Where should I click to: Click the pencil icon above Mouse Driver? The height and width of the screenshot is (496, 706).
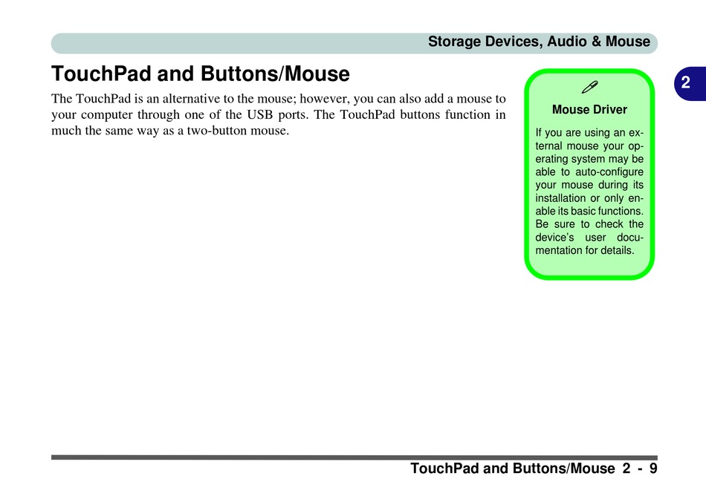(589, 87)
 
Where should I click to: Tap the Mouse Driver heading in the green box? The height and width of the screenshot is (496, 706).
(589, 110)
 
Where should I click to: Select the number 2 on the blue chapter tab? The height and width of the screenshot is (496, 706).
(685, 82)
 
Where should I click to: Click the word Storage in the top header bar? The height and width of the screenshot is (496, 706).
(454, 42)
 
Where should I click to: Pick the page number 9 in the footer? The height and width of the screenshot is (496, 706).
(653, 469)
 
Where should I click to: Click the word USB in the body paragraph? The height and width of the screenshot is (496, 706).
(260, 114)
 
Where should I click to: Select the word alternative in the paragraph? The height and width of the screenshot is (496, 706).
(191, 99)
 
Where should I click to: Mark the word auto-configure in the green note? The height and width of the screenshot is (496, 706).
(609, 172)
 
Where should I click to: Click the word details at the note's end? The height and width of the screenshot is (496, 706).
(618, 250)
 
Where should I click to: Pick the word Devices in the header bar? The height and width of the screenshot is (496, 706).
(514, 42)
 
